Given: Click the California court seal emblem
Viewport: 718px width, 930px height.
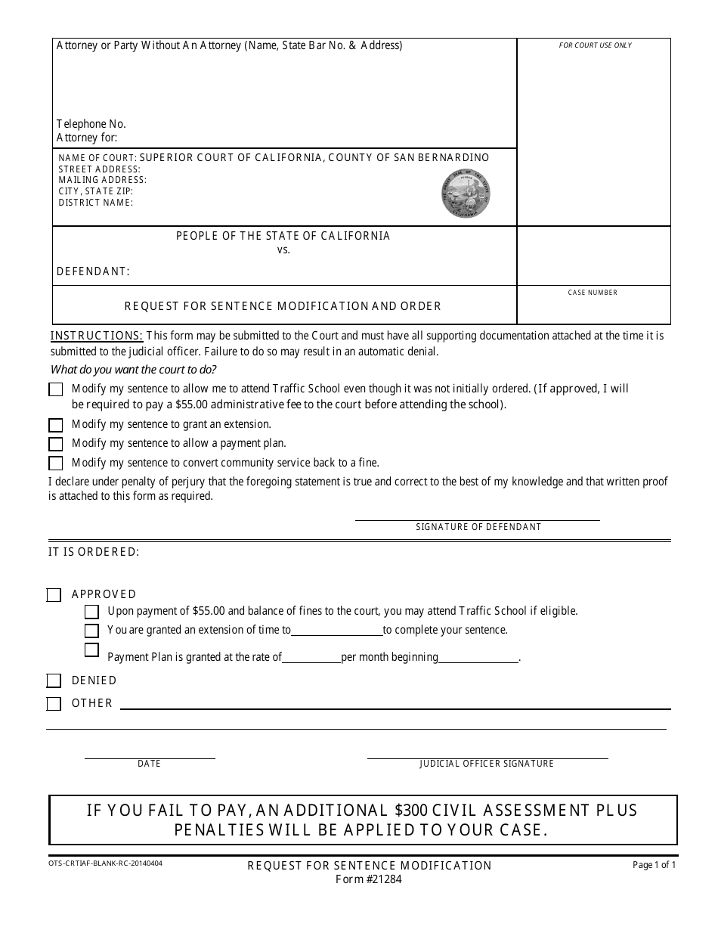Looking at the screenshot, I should tap(466, 194).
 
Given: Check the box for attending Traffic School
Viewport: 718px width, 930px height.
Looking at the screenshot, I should tap(56, 389).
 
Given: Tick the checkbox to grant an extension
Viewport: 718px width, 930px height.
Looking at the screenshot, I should tap(56, 425).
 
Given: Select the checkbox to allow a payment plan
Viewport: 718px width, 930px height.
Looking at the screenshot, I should tap(56, 444).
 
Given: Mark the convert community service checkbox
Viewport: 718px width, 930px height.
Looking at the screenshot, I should tap(56, 463).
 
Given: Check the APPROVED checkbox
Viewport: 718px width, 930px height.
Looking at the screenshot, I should tap(54, 595).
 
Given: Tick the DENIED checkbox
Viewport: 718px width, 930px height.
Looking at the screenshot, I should tap(54, 680).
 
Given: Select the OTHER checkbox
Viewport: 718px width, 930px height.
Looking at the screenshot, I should tap(54, 704).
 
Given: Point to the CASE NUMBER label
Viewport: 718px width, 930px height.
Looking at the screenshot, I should tap(593, 293).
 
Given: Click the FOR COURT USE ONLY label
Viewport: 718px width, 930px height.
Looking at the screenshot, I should tap(595, 45).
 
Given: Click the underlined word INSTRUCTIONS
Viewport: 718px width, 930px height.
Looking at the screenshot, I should tap(97, 336).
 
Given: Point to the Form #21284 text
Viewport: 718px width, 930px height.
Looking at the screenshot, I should tap(370, 879).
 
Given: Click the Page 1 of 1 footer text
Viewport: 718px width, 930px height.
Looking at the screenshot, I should tap(654, 865).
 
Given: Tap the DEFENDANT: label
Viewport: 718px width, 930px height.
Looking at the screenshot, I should tap(93, 271).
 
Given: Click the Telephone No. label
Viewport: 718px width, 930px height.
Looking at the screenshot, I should tap(91, 124).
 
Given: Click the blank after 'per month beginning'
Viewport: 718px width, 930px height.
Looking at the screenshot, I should tap(479, 659).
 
